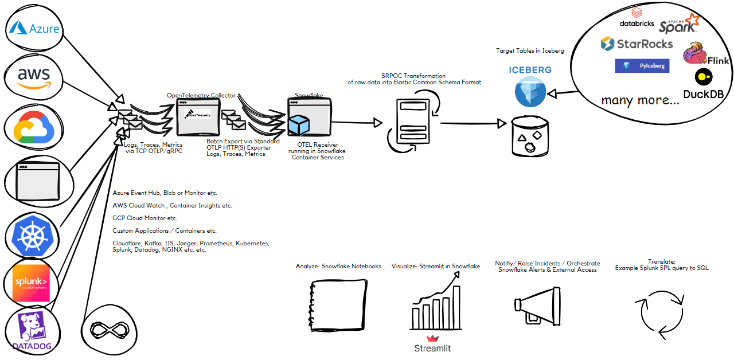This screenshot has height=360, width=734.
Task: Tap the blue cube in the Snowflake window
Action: click(299, 126)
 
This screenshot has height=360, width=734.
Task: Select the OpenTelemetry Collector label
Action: click(201, 95)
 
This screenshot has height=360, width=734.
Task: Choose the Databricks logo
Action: click(637, 17)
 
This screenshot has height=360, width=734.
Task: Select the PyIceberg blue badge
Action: click(642, 66)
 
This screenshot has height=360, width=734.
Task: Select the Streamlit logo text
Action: click(432, 348)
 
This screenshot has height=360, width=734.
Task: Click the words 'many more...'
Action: click(640, 101)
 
